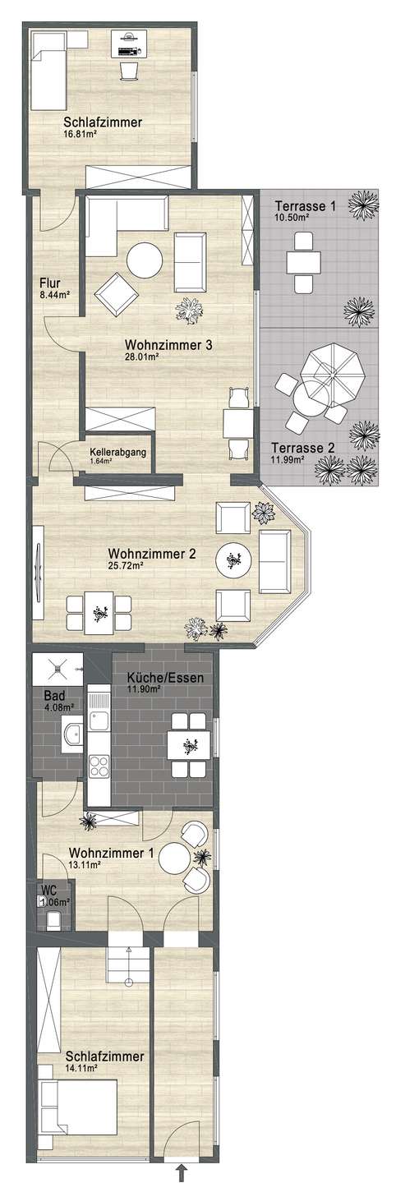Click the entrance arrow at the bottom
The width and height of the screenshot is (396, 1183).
[x=182, y=1171]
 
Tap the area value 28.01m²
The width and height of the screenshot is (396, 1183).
[x=141, y=357]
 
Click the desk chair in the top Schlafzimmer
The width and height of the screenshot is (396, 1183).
[x=128, y=71]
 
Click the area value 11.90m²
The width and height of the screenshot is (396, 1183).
[x=145, y=690]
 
